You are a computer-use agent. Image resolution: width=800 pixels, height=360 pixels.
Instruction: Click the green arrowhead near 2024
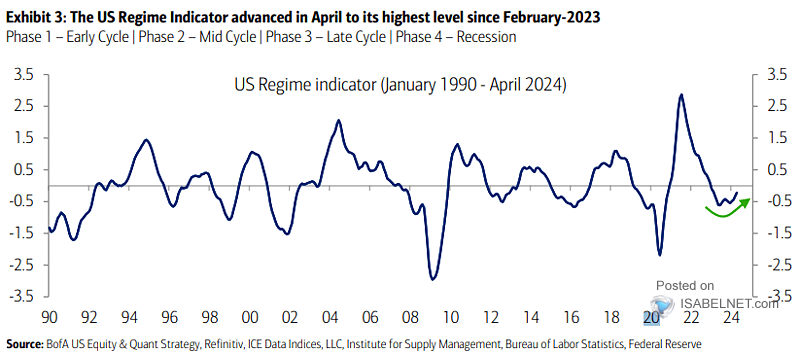(x=744, y=202)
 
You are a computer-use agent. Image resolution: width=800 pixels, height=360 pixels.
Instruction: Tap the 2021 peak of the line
(x=681, y=95)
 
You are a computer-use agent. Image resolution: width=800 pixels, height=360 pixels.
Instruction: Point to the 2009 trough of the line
(x=433, y=279)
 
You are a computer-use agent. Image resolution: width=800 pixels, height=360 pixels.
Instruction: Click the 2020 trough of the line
(x=660, y=254)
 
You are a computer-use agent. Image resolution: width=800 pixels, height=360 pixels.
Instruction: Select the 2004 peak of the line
(x=338, y=121)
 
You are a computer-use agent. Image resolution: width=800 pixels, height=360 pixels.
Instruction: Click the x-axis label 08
(x=411, y=317)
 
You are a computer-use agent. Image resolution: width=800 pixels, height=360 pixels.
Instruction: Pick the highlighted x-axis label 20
(x=651, y=317)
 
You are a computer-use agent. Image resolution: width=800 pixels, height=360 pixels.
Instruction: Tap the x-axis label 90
(x=49, y=317)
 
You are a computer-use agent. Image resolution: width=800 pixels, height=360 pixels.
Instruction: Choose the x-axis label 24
(x=731, y=317)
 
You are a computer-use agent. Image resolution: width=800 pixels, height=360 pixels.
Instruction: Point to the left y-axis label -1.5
(x=23, y=233)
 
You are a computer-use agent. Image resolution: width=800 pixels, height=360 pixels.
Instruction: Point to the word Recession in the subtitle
(x=486, y=37)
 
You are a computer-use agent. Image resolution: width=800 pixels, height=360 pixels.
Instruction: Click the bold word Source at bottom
(x=23, y=345)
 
